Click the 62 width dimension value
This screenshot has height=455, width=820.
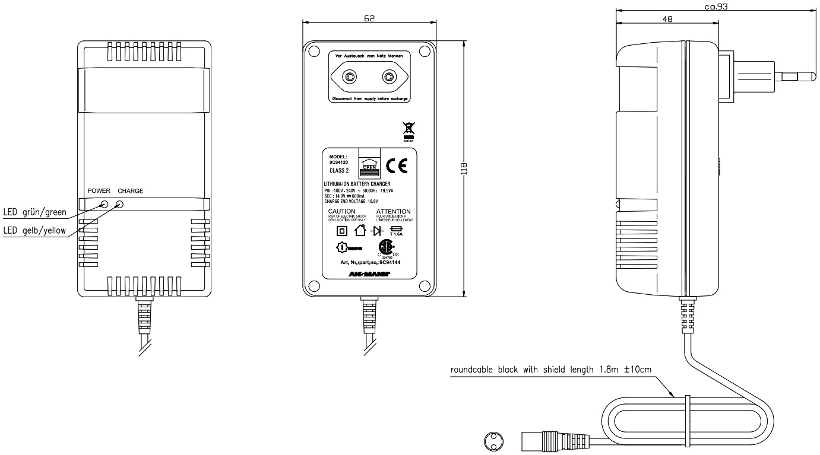[369, 19]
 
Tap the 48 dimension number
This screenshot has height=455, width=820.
[667, 20]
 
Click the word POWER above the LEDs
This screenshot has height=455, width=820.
[99, 191]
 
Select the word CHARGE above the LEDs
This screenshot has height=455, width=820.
[130, 191]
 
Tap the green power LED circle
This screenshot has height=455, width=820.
[105, 204]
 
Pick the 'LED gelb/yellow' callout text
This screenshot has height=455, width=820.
[34, 230]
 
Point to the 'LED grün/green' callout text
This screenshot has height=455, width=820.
[34, 212]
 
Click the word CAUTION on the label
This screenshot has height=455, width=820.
[341, 211]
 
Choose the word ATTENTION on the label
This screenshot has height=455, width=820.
[393, 211]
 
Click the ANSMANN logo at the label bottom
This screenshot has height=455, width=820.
[369, 275]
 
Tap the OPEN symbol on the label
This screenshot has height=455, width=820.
[369, 165]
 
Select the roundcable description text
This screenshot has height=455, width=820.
[551, 370]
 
